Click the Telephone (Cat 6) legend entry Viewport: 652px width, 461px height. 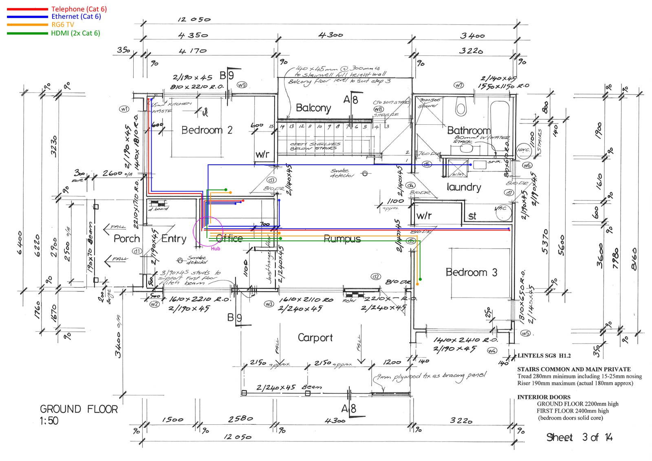[79, 9]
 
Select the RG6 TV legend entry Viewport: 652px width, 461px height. [62, 25]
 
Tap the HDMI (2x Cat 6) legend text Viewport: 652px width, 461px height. [75, 33]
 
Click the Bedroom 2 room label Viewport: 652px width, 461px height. [207, 130]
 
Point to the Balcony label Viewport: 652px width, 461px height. [313, 108]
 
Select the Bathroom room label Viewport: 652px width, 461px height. [469, 131]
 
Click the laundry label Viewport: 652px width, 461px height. [464, 187]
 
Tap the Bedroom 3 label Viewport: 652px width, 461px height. [471, 272]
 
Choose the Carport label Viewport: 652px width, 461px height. [315, 338]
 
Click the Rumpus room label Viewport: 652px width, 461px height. [342, 239]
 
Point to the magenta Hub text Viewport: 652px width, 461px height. [216, 249]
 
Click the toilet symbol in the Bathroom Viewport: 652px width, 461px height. [460, 107]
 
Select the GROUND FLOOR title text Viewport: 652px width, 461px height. [79, 409]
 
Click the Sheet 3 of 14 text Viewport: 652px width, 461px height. [579, 438]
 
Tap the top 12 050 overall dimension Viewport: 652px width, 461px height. [194, 20]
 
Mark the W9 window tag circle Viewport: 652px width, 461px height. [242, 85]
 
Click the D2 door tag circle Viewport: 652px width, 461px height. [375, 277]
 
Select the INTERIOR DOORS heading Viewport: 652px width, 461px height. [544, 397]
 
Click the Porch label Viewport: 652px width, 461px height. [126, 239]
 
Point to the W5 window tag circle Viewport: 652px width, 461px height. [526, 333]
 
